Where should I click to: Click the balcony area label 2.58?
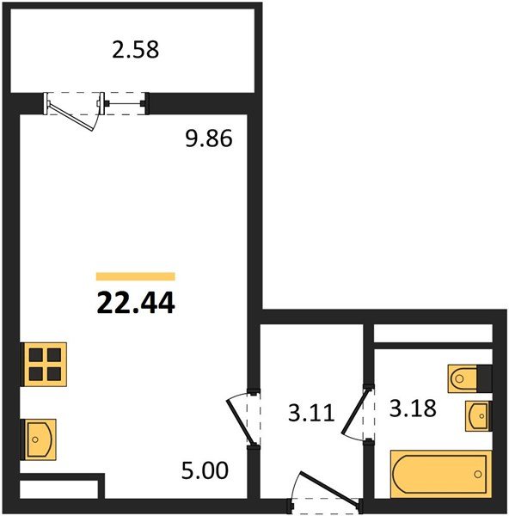136,50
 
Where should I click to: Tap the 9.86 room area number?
209,138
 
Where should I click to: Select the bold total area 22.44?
136,303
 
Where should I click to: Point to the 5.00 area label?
205,470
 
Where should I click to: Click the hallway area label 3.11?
311,413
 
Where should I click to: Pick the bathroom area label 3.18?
413,408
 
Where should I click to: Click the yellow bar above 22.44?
136,277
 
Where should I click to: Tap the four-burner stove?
44,365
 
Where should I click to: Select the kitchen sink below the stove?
39,439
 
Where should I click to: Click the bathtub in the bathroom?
441,474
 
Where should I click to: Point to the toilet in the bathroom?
463,378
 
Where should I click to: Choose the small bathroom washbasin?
478,416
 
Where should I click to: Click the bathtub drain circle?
478,474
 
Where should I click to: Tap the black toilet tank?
484,378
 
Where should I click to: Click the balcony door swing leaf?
71,117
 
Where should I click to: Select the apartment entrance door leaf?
329,488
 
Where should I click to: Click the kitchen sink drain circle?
35,439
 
